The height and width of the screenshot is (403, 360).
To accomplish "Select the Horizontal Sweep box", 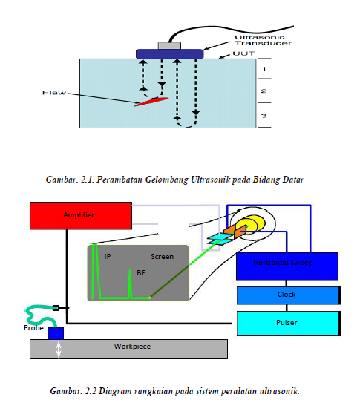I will click(x=287, y=264).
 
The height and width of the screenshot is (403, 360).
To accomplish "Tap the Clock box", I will click(x=287, y=295).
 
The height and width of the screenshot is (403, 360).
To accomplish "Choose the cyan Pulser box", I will click(x=287, y=323).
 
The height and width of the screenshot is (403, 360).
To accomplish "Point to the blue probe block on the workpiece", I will click(x=56, y=332).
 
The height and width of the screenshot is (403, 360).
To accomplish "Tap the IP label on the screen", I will click(x=108, y=257).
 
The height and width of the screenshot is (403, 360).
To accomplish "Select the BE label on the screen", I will click(x=141, y=273).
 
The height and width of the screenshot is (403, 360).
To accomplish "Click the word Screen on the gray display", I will click(x=162, y=257).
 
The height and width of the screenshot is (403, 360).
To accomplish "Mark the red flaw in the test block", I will click(x=151, y=101).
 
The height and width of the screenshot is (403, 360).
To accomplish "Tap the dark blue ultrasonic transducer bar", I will click(x=170, y=53).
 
